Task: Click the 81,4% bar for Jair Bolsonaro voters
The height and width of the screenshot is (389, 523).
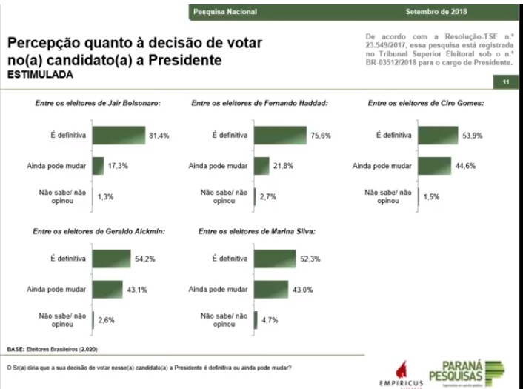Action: [119, 135]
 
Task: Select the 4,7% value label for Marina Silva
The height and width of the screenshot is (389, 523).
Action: [271, 321]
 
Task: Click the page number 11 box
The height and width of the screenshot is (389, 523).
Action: [505, 82]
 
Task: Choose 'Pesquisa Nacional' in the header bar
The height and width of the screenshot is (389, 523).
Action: [219, 12]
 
